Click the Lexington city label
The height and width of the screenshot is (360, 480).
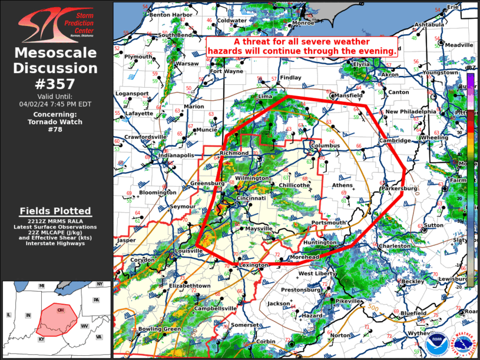[254, 266]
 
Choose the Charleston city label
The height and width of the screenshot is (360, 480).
[395, 246]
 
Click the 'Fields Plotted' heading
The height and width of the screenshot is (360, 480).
[55, 211]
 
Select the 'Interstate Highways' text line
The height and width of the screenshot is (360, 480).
[55, 243]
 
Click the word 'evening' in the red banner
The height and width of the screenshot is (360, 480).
[373, 51]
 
